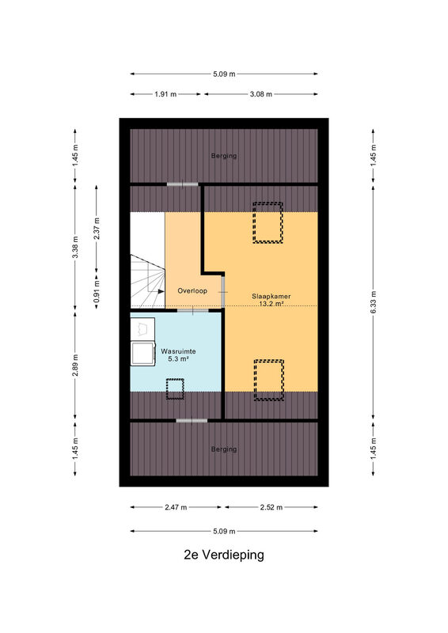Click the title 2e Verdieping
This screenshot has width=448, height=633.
tap(224, 555)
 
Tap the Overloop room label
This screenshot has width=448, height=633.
tap(192, 290)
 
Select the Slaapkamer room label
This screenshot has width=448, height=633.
tap(271, 296)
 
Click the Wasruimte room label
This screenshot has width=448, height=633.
tap(178, 351)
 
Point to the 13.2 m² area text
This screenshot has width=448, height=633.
tap(271, 304)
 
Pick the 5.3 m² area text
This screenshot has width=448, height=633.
tap(179, 358)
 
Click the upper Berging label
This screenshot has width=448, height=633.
tap(224, 156)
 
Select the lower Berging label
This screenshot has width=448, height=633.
tap(224, 449)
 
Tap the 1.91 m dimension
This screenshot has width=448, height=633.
tap(165, 94)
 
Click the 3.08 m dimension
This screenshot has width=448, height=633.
tap(260, 94)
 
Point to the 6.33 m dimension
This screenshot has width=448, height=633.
tap(374, 302)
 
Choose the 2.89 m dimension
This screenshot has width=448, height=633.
tap(75, 366)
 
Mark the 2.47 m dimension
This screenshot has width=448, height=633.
tap(176, 507)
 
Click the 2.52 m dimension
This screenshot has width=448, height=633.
tap(271, 507)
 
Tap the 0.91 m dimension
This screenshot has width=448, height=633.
tap(97, 291)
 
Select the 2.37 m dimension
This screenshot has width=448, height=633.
tap(97, 229)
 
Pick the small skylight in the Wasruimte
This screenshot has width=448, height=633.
tap(176, 389)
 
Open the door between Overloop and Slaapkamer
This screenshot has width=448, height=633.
tap(223, 291)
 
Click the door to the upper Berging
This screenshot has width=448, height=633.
tap(183, 184)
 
